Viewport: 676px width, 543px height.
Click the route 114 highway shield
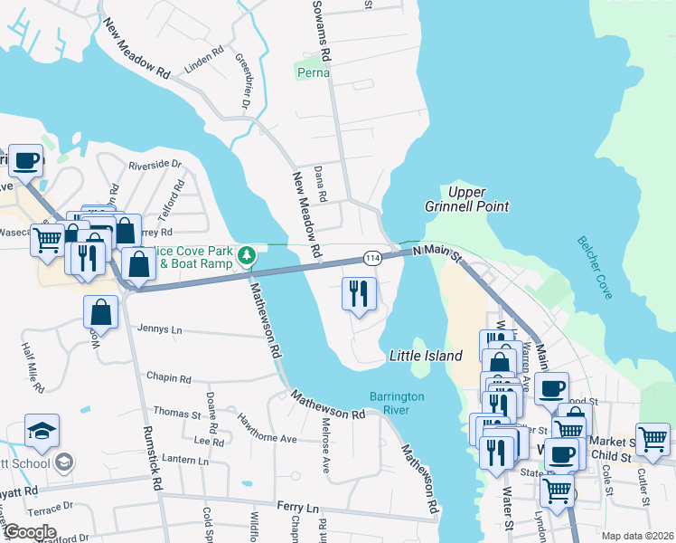coord(371,259)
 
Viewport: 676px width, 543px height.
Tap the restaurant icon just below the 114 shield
coord(359,293)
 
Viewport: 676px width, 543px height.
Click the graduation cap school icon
coord(42,432)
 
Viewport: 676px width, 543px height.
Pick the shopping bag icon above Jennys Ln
coord(101,312)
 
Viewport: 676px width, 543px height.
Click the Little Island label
coord(426,356)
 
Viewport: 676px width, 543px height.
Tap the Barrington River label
coord(402,404)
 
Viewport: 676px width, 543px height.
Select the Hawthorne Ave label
coord(267,428)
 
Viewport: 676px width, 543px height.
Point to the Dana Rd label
coord(320,183)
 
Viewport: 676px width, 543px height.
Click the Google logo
coord(29,532)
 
